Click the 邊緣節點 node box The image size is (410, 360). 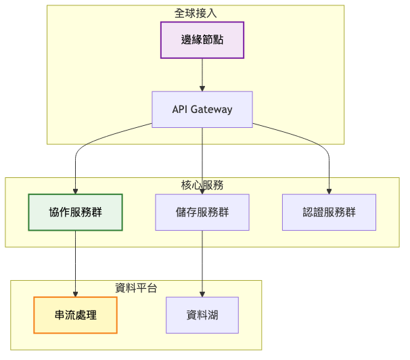tap(202, 40)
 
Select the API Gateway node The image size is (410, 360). tap(202, 109)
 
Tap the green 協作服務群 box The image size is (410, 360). tap(75, 212)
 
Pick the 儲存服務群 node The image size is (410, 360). tap(202, 212)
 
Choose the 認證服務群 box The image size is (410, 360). tap(329, 212)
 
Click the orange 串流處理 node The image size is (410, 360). tap(75, 315)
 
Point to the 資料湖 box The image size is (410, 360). tap(202, 315)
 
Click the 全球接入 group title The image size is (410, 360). tap(196, 13)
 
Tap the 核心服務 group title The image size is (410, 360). tap(202, 185)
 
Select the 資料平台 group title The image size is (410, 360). tap(136, 288)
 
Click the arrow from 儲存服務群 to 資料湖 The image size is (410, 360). tap(202, 264)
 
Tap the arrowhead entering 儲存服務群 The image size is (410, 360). tap(202, 190)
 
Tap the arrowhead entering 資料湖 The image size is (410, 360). tap(202, 294)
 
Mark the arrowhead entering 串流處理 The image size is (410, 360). tap(75, 294)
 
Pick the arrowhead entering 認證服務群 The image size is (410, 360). tap(329, 190)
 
